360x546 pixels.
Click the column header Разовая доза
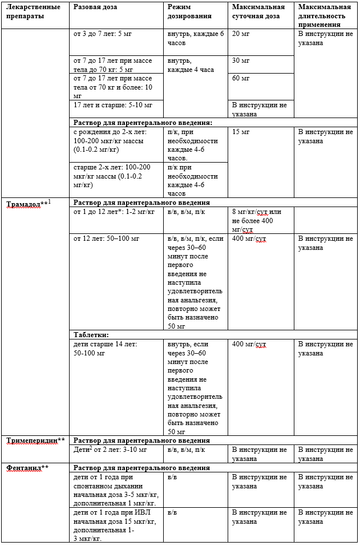pos(95,7)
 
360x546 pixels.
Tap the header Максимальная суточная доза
pos(258,11)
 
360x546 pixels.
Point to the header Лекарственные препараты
pos(34,11)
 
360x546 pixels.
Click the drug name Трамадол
pos(23,203)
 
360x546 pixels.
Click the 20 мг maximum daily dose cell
pos(241,34)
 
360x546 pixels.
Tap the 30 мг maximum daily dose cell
pos(241,60)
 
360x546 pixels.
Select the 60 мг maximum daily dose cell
pos(241,78)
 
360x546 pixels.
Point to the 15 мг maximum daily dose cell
pos(241,132)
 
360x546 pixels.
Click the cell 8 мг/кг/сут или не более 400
pos(260,220)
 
